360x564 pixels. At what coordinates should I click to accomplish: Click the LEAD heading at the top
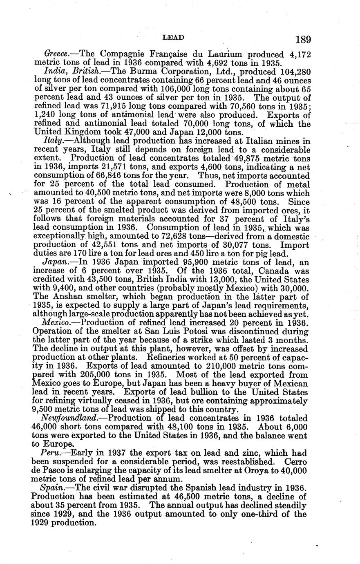pyautogui.click(x=173, y=37)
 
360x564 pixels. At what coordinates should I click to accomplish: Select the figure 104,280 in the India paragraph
pyautogui.click(x=295, y=72)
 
